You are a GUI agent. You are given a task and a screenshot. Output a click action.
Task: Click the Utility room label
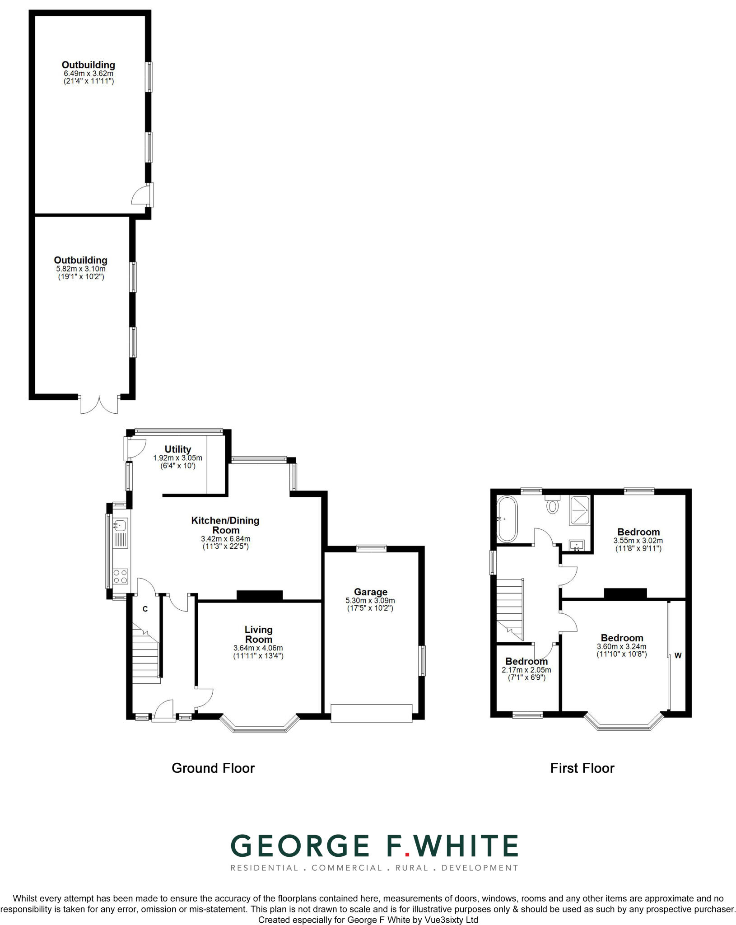click(x=177, y=449)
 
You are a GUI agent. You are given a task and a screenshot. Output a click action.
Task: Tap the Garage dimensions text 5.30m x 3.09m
click(x=370, y=600)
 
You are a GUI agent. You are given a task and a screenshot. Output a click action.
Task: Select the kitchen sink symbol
click(x=120, y=525)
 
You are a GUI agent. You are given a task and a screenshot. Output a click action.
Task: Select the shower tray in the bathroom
click(x=579, y=510)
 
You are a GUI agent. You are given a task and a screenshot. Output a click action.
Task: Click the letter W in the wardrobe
click(x=678, y=656)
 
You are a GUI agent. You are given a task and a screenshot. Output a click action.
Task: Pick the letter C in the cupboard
click(x=145, y=609)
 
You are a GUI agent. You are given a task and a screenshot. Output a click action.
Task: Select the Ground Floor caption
click(x=213, y=768)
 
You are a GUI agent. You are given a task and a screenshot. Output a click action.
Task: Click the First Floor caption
click(x=582, y=768)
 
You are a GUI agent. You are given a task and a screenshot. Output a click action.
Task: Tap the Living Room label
click(x=258, y=635)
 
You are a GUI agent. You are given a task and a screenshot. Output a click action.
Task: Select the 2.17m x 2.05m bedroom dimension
click(x=526, y=670)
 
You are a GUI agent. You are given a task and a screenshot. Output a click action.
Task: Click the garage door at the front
click(x=371, y=713)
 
